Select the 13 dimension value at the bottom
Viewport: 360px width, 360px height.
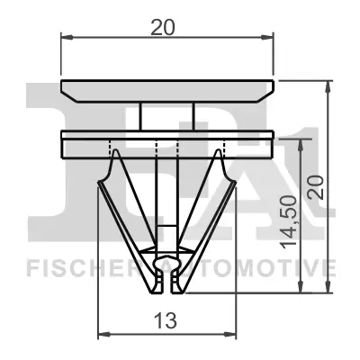pos(166,319)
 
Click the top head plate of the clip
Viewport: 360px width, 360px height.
pos(166,90)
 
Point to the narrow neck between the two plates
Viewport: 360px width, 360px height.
pos(166,117)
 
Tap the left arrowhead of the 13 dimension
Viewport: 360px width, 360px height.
pos(102,334)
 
